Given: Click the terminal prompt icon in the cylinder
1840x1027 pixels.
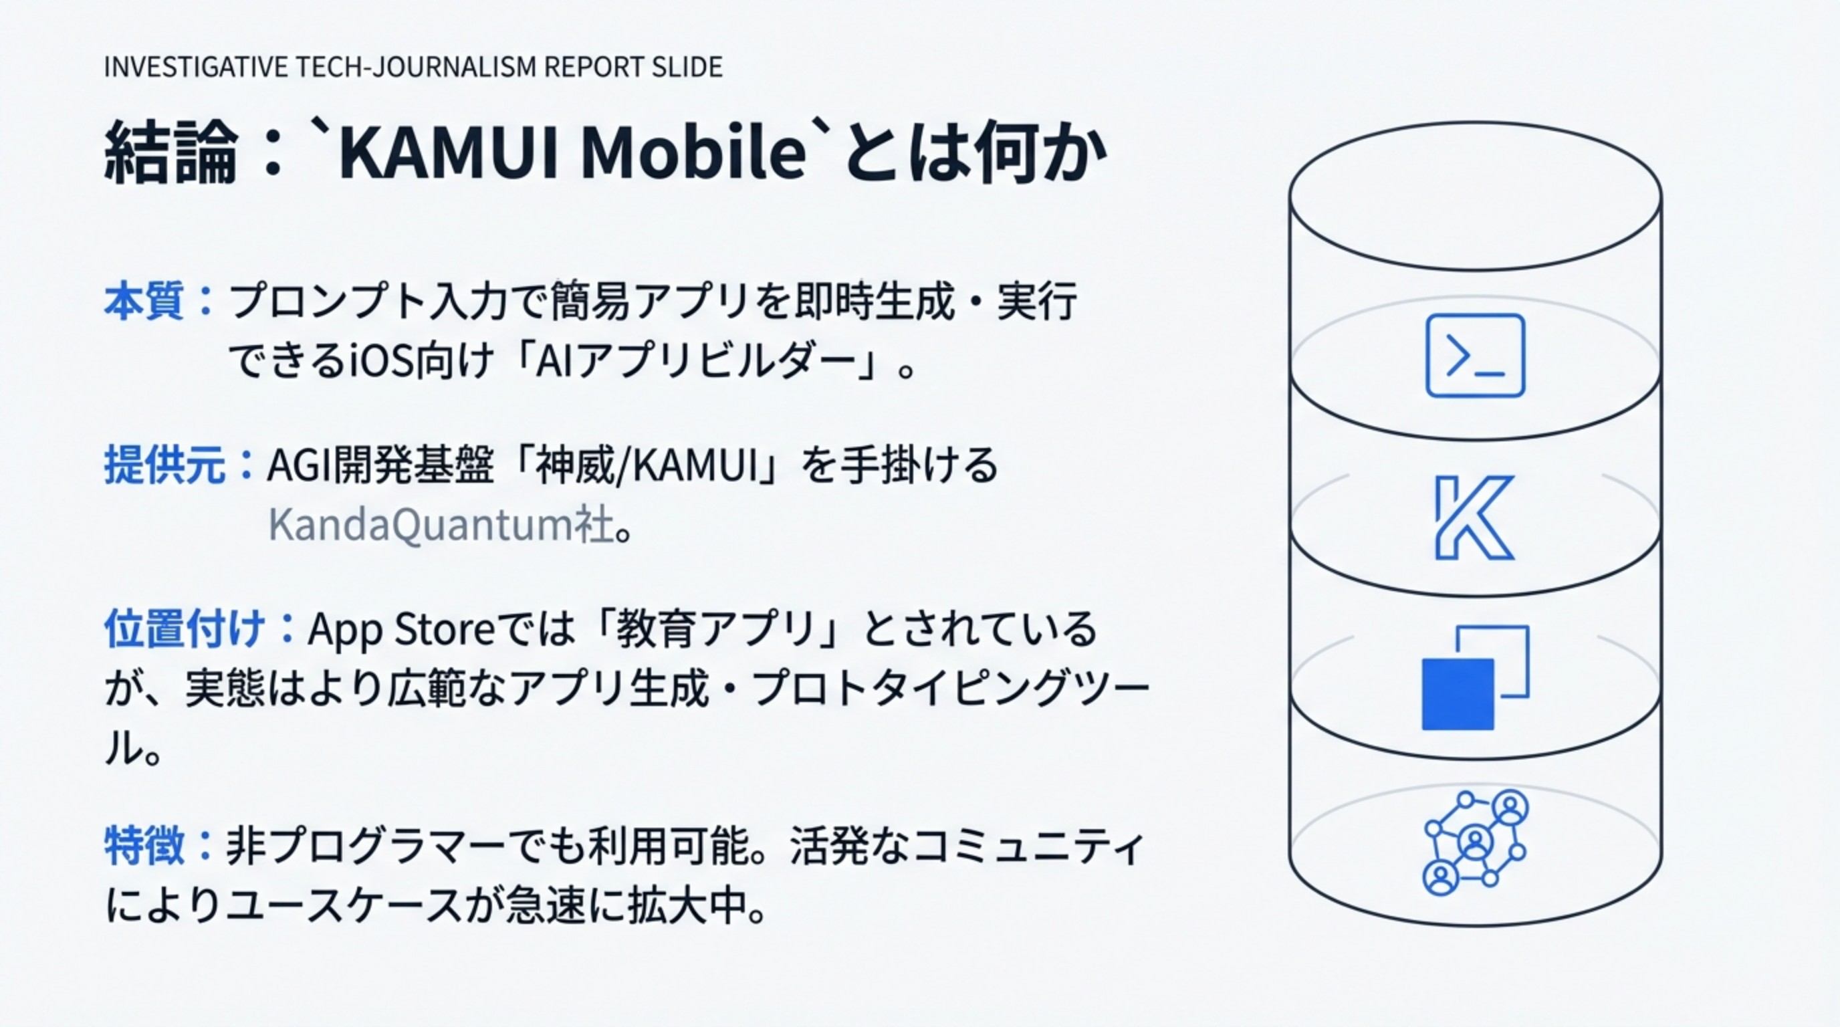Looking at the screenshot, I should tap(1475, 355).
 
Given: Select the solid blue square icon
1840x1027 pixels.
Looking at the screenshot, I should tap(1457, 694).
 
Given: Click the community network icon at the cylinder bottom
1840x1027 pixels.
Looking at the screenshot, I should tap(1475, 842).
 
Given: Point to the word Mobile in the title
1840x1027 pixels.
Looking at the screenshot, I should tap(693, 153).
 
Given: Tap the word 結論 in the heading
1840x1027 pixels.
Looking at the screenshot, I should tap(169, 153).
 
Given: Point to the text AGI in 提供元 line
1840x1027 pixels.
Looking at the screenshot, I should tap(291, 465).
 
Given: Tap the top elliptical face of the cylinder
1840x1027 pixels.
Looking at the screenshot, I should tap(1475, 197).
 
